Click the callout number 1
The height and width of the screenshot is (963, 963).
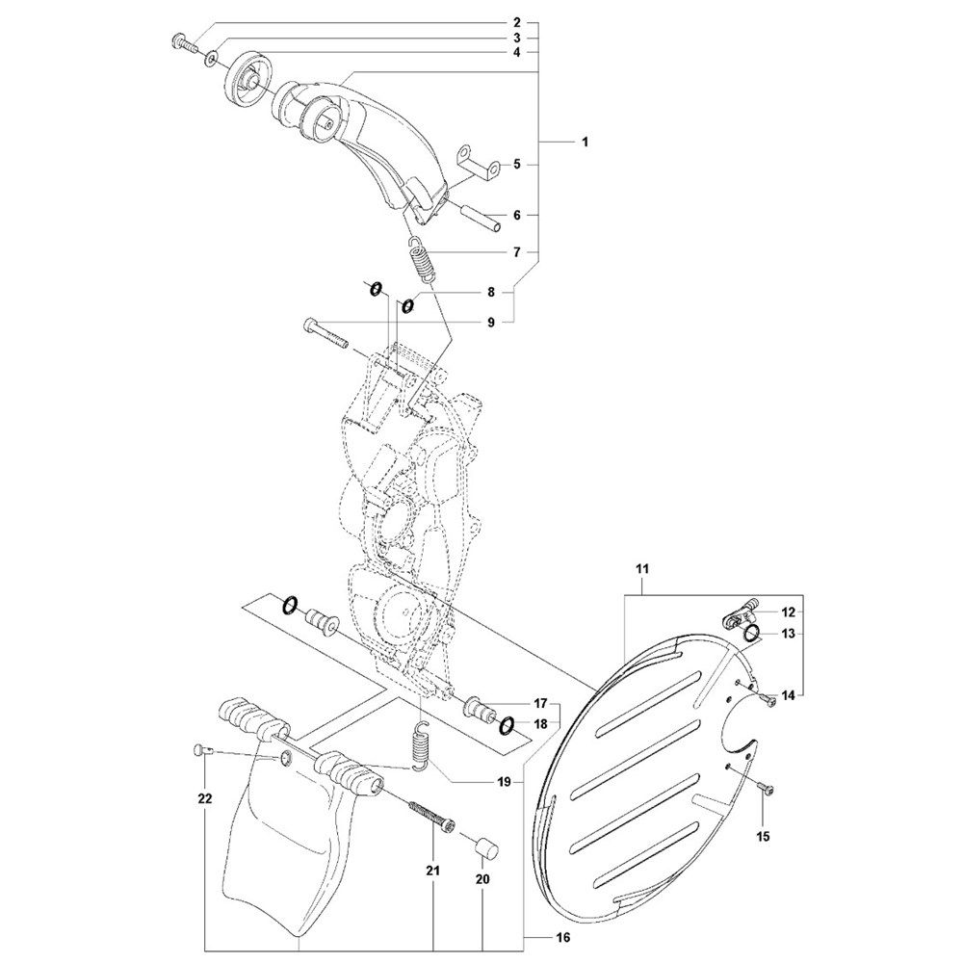(585, 142)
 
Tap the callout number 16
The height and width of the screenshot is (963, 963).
(563, 937)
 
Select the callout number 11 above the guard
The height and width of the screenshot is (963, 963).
(641, 569)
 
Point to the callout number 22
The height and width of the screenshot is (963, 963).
(204, 799)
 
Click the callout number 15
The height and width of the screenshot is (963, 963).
(764, 836)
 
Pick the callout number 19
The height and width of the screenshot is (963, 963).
(504, 782)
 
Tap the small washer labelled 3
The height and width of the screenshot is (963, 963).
(211, 59)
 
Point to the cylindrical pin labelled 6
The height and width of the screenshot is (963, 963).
(481, 219)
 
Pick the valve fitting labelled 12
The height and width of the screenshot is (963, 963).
(739, 612)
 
